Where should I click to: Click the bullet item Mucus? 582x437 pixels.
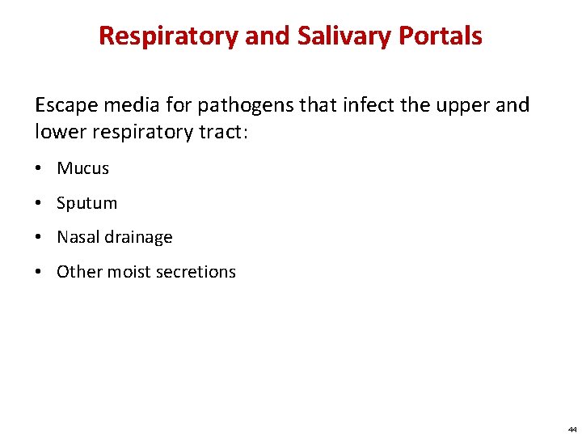tap(82, 168)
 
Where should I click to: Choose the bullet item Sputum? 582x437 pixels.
tap(86, 203)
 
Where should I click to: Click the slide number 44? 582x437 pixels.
tap(571, 429)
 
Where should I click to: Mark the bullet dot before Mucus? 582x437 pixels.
tap(40, 168)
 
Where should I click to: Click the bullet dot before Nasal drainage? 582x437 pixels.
tap(40, 237)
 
